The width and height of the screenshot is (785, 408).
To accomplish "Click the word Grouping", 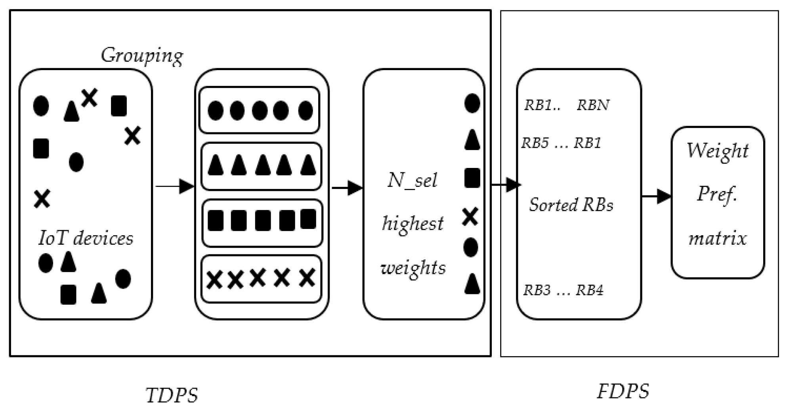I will coord(142,55).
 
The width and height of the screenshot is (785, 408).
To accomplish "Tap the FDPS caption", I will coord(623,391).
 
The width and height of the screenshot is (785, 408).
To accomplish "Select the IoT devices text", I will coord(86,238).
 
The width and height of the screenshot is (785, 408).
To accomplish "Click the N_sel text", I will coord(412,181).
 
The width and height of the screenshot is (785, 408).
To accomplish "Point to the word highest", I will coord(413,223).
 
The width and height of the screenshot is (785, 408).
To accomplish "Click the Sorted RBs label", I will coord(571,205).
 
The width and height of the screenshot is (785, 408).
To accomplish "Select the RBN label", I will coord(593,105).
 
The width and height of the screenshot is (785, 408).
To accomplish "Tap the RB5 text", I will coord(535,143).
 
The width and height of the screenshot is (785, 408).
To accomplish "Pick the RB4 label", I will coord(589,290).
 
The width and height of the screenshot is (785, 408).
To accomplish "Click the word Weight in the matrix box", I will coord(717,151).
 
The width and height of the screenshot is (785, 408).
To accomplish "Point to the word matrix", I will coord(717,238).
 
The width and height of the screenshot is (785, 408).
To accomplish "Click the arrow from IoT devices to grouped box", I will coord(174,186).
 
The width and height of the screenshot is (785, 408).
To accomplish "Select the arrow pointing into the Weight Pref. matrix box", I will coord(656,196).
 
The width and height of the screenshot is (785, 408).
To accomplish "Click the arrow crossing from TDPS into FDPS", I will coord(506,185).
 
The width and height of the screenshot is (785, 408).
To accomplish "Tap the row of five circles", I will coord(260,111).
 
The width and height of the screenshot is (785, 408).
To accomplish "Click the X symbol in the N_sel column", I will coord(470,217).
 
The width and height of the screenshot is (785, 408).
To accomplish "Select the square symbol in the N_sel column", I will coord(472,177).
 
